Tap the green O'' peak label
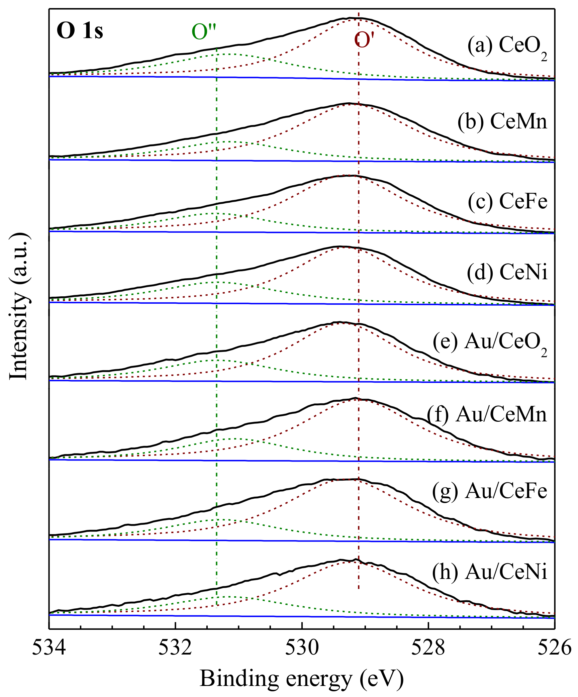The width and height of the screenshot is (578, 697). tap(204, 32)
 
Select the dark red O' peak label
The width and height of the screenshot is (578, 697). tap(364, 40)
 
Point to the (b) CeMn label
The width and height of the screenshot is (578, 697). tap(502, 121)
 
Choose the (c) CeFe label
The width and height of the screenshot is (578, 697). tap(508, 201)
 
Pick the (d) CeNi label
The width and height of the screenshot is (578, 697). tap(507, 272)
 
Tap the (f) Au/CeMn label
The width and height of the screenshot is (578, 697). tap(487, 415)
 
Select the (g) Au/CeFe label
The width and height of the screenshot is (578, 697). tap(490, 491)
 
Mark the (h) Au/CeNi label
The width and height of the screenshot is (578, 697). tap(490, 571)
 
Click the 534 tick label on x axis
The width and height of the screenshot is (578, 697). tap(49, 648)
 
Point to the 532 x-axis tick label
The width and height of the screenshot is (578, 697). tap(176, 648)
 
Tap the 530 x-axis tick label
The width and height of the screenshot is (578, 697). tap(302, 648)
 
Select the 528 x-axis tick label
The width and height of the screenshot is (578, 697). tap(428, 648)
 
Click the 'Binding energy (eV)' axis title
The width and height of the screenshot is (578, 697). tap(302, 679)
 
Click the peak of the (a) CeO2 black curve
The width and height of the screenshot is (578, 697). tap(350, 18)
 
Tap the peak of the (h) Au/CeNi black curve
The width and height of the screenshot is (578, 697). tap(356, 559)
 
